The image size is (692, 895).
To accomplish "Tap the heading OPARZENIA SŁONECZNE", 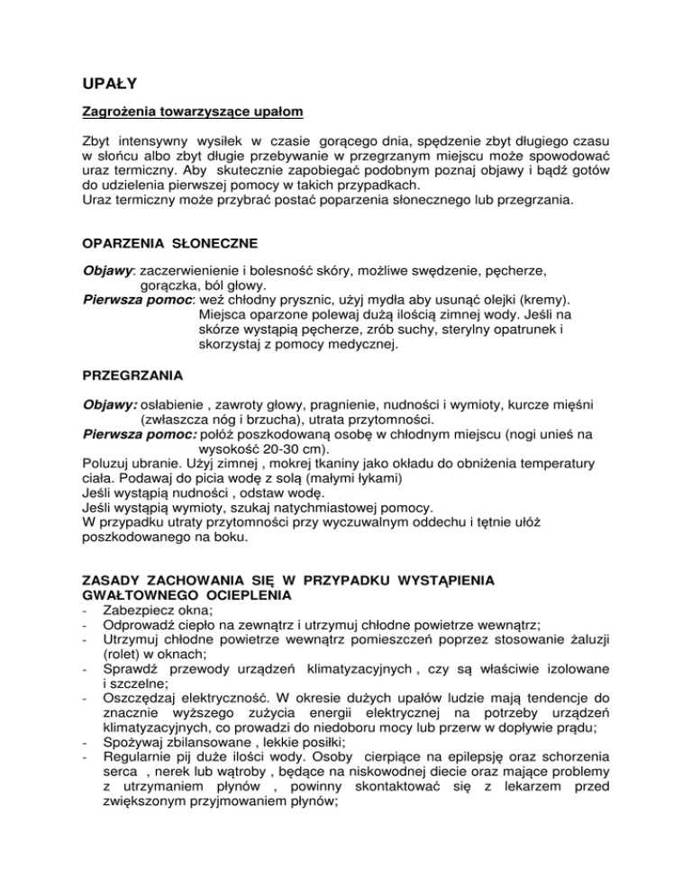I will point(165,245).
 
